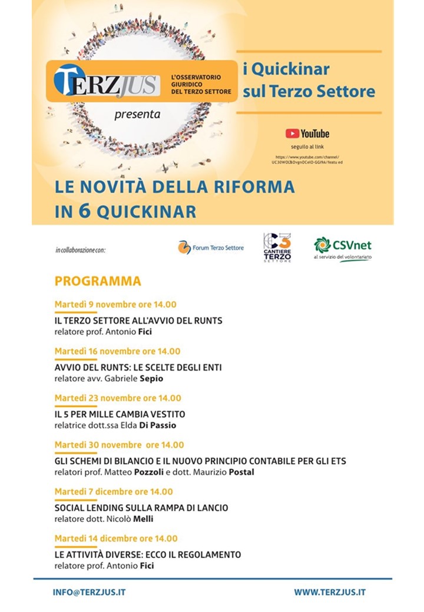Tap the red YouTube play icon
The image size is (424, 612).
292,134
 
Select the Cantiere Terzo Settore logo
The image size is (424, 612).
277,247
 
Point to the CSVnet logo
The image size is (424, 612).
343,248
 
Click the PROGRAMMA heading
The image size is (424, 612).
98,281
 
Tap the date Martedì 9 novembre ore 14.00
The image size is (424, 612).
115,305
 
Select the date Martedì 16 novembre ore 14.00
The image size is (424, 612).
117,351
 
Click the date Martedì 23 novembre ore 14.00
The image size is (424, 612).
118,398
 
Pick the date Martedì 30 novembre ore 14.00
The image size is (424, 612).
119,445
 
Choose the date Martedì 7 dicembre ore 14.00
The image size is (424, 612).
114,491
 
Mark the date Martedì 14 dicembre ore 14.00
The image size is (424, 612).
116,538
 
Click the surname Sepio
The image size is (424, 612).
152,378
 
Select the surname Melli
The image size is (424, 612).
143,518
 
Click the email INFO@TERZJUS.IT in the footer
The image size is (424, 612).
89,592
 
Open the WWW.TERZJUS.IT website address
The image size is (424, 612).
330,592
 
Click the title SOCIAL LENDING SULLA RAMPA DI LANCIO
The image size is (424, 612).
141,508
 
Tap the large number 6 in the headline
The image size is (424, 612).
84,211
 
